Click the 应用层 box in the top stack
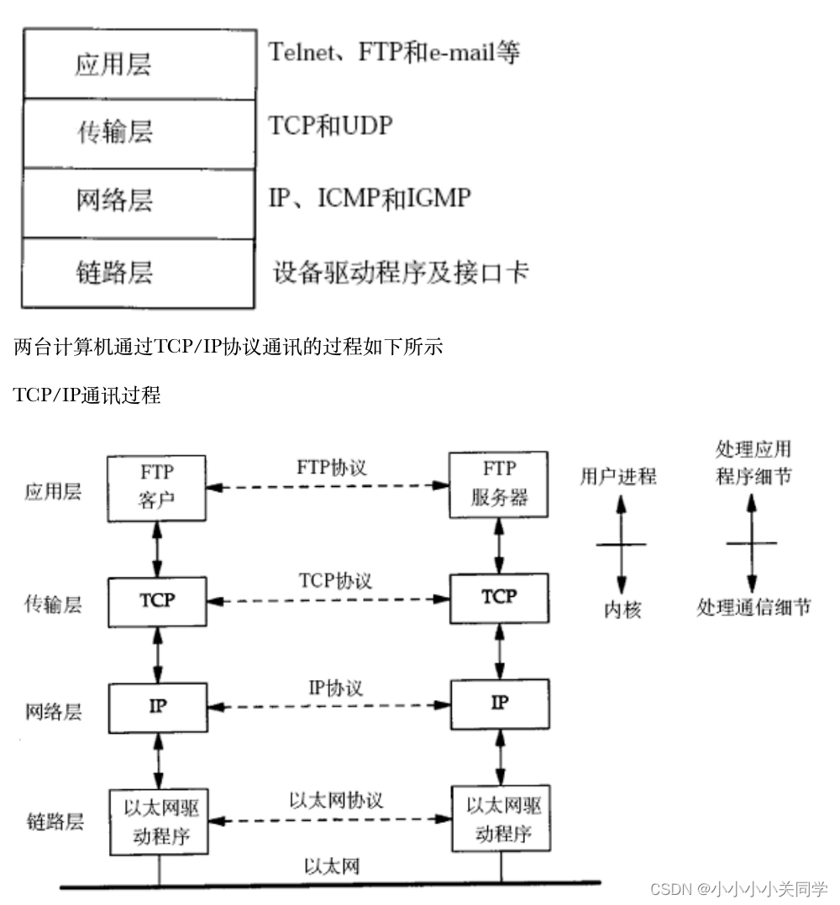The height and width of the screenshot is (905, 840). [x=139, y=65]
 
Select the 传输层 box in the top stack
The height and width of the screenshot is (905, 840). [x=139, y=133]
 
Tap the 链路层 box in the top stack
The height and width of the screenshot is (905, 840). [x=139, y=273]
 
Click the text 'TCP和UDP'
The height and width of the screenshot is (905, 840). [x=330, y=126]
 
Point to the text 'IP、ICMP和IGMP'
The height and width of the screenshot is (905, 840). [x=370, y=198]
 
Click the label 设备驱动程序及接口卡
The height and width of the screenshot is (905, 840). [x=401, y=272]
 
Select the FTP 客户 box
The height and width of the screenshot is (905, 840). [x=157, y=484]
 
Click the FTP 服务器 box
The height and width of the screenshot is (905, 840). [x=499, y=483]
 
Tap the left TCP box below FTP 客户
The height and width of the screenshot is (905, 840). [x=157, y=602]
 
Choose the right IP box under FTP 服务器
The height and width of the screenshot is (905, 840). [x=499, y=704]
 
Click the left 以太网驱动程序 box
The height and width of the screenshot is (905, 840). [x=157, y=821]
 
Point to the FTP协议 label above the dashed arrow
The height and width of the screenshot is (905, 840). [x=332, y=467]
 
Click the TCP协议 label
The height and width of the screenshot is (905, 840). [x=335, y=580]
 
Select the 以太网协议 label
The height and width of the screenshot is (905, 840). [x=336, y=800]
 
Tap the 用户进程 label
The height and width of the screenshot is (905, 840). [x=618, y=477]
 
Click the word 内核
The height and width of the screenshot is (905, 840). [x=622, y=610]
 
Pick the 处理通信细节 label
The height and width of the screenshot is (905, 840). [x=753, y=607]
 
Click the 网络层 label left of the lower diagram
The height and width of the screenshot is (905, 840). [x=53, y=712]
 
